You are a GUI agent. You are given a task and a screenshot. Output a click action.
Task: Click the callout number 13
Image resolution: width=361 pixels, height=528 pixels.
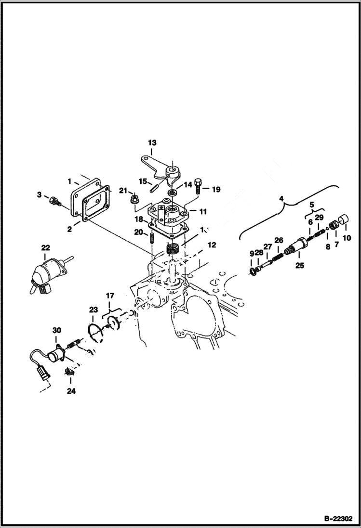click(152, 142)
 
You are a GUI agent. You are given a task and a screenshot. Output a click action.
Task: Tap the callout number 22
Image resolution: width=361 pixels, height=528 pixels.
click(45, 247)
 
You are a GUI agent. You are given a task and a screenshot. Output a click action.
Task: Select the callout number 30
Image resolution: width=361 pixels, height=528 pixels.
click(57, 330)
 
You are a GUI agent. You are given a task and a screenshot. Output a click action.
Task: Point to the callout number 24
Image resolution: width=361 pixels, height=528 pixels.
click(71, 391)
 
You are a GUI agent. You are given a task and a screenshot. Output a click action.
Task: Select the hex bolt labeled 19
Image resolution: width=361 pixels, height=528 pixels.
click(198, 189)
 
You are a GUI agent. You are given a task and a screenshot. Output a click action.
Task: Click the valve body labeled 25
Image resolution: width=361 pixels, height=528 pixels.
click(294, 249)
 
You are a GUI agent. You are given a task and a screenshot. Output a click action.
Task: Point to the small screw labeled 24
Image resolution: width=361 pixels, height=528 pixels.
click(69, 372)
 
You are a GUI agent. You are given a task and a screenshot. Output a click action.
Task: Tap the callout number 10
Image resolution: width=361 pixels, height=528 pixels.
click(346, 238)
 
